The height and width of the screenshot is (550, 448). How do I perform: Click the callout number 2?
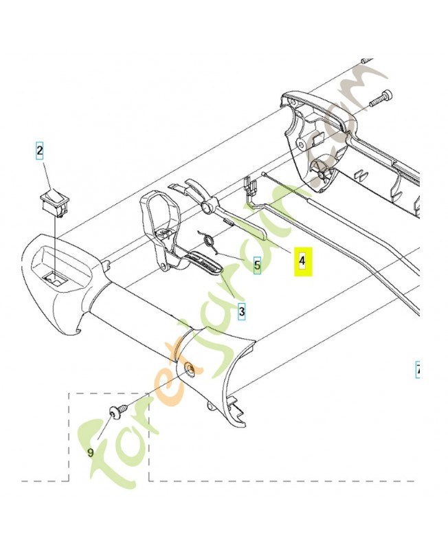pos(40,150)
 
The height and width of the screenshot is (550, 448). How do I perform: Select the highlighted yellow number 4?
pos(303,262)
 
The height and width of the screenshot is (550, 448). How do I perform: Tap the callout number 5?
pos(257,264)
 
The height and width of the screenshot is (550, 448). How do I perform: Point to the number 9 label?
pos(90,452)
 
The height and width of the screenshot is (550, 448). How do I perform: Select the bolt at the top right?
pos(380,98)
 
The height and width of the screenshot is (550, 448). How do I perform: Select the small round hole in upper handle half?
pos(302,145)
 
